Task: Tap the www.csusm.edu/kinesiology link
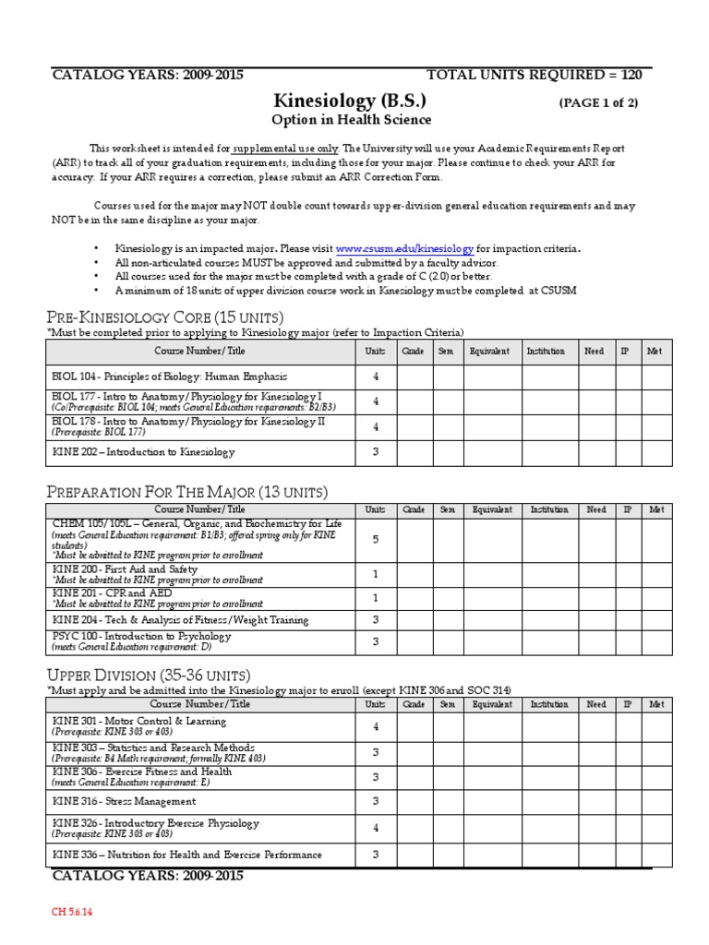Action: coord(404,249)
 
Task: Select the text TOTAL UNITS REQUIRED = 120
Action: coord(541,76)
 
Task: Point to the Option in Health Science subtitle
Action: coord(351,121)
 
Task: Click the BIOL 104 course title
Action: coord(169,377)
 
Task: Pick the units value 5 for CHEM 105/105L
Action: coord(376,539)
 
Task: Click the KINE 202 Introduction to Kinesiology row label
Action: coord(144,452)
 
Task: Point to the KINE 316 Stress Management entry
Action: coord(124,801)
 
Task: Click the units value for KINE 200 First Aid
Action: coord(376,574)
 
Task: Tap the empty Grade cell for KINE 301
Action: coord(415,725)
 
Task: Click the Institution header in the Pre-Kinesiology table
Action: coord(546,352)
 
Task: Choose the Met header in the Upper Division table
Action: coord(656,704)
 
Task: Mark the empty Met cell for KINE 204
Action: coord(656,620)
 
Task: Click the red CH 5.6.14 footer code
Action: coord(72,913)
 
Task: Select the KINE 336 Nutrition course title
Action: coord(187,855)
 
